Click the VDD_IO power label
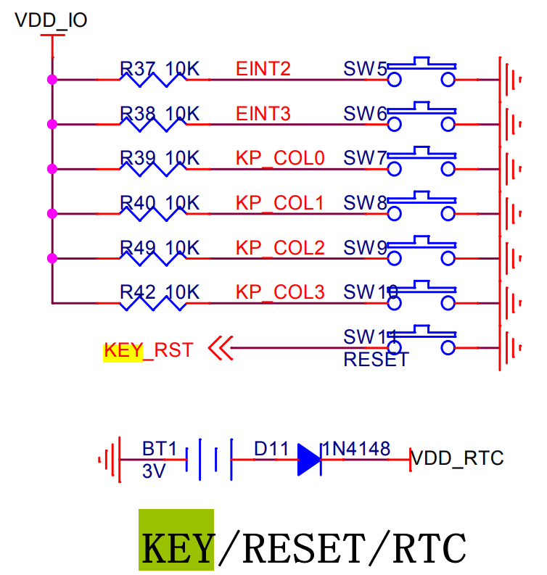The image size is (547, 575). [52, 20]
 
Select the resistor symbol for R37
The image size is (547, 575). [152, 79]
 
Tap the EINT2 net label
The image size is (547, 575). [263, 69]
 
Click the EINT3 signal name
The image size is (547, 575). [263, 114]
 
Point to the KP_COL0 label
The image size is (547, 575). [279, 159]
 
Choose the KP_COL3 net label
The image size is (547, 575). [279, 292]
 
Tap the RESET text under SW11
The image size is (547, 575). [376, 360]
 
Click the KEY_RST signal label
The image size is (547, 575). [149, 350]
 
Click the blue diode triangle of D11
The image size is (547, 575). [309, 460]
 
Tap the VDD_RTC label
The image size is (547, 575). [457, 458]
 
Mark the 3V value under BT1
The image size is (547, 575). [154, 471]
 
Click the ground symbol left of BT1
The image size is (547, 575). [108, 459]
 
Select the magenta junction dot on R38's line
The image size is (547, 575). [52, 125]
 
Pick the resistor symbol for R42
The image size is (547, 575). [152, 302]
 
